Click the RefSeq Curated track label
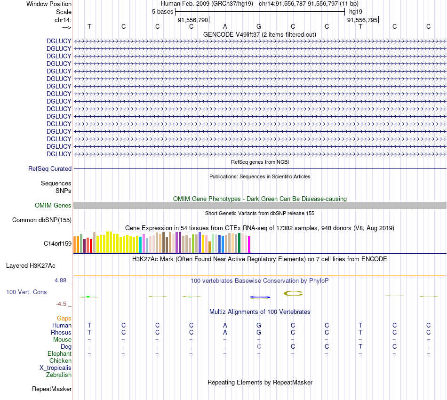tap(50, 168)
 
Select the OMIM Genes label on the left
tap(53, 205)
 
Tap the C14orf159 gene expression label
tap(57, 243)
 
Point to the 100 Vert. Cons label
tap(26, 292)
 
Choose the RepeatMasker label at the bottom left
tap(52, 389)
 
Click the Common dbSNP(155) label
tap(42, 220)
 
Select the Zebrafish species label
tap(59, 375)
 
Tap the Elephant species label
tap(59, 353)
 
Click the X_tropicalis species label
tap(56, 368)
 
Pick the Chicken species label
tap(60, 360)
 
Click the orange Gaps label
tap(64, 319)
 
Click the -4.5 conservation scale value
tap(63, 304)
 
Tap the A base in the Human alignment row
tap(225, 325)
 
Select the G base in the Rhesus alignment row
tap(259, 332)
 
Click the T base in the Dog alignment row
tap(360, 346)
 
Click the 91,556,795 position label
tap(361, 20)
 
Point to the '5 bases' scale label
tap(162, 12)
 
